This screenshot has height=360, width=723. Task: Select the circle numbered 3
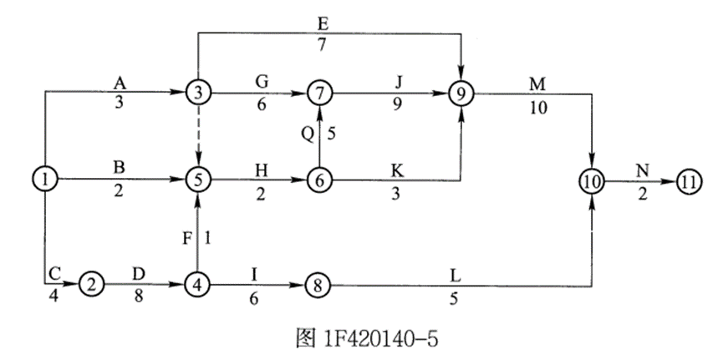197,91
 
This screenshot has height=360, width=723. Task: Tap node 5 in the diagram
197,179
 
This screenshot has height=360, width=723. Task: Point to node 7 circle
318,91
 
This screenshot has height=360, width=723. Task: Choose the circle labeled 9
461,91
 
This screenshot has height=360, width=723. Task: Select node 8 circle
318,284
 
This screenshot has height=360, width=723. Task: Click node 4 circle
197,284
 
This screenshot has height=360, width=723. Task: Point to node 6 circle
318,179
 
